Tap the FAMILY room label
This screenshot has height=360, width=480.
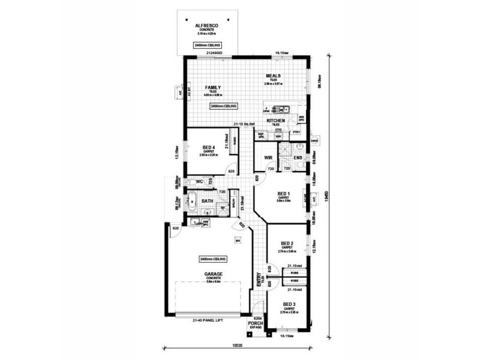213,88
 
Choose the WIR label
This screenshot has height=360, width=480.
268,158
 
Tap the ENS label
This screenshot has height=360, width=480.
298,158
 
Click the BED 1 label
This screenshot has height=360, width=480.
284,193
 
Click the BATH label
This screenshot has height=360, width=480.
208,201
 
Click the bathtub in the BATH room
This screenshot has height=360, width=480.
191,200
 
